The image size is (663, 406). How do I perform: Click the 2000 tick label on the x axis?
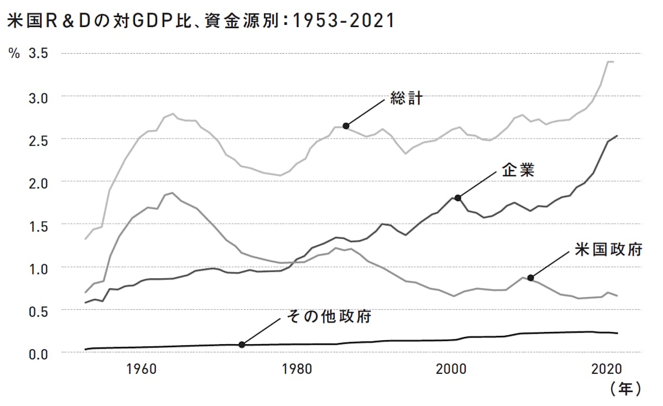[451, 369]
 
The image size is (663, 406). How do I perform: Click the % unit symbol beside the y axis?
[13, 54]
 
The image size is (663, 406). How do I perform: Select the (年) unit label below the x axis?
[625, 389]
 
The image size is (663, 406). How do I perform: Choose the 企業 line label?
[518, 170]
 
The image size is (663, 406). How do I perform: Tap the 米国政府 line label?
[608, 250]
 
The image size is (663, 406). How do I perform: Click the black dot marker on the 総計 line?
[346, 126]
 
